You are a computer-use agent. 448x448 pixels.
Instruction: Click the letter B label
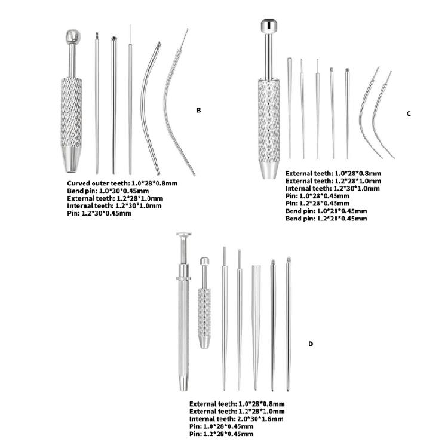(198, 110)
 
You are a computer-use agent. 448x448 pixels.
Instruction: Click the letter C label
(409, 113)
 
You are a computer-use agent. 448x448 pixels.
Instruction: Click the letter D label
(311, 344)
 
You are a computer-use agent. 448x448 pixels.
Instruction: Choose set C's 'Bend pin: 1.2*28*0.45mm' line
(326, 219)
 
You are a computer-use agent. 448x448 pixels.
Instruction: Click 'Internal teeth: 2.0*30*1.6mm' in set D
(237, 419)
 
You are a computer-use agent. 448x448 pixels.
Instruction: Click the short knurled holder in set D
(204, 305)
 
